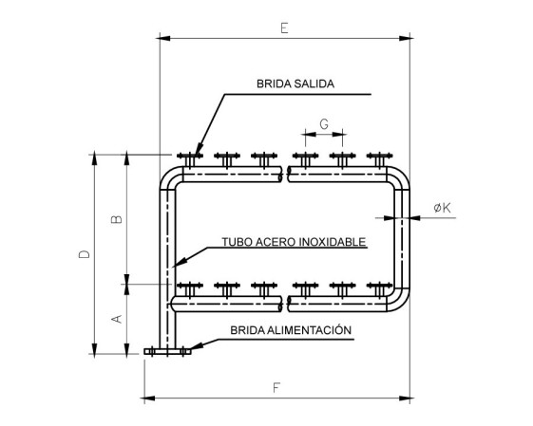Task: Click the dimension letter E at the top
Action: pos(284,28)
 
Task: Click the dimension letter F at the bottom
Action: pos(276,387)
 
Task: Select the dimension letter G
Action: pos(324,124)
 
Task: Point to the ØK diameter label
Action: pos(443,208)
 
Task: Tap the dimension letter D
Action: pos(85,254)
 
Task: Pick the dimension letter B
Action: pos(117,219)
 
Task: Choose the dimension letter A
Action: pos(117,319)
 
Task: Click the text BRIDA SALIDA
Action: pos(295,83)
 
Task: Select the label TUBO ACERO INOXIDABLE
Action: pos(294,242)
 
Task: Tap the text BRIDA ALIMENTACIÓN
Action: pos(291,330)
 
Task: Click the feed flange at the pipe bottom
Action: pos(167,352)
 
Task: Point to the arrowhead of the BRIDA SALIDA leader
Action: pos(198,154)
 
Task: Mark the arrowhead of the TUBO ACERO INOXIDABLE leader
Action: pos(178,263)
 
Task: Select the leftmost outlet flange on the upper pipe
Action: pos(190,158)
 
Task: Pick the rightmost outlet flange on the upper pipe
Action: pos(380,158)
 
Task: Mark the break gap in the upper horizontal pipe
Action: pos(285,175)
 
